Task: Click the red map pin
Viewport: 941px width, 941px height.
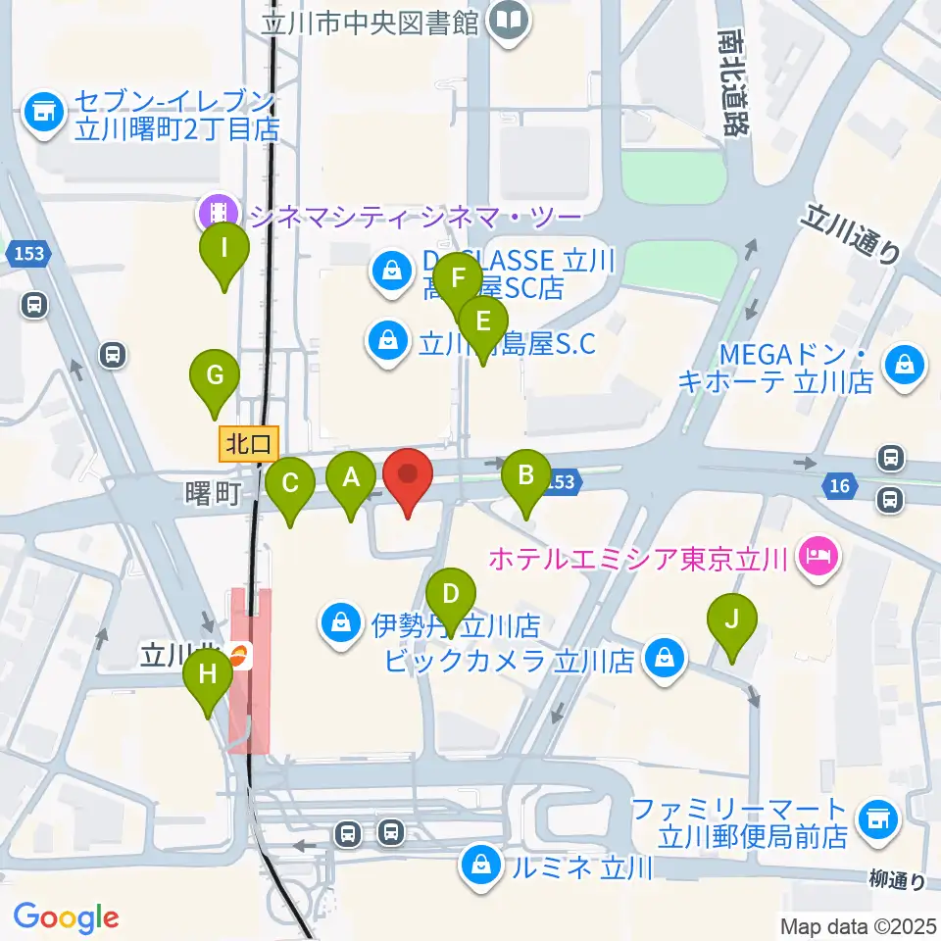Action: (x=407, y=479)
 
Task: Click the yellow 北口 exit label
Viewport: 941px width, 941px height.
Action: (x=249, y=443)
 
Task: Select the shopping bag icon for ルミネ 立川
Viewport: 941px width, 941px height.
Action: (x=481, y=867)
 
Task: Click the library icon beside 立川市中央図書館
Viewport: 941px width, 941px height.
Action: (x=510, y=20)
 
